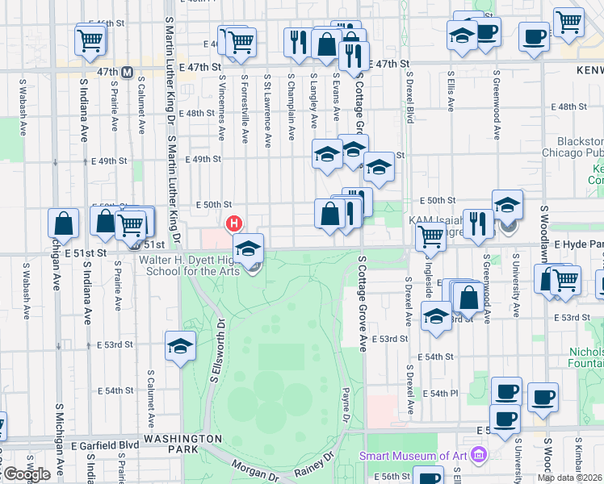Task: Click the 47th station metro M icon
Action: (128, 72)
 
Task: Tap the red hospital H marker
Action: (234, 223)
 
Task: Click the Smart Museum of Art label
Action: (414, 455)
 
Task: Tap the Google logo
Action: (26, 474)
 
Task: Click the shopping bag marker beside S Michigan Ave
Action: (63, 223)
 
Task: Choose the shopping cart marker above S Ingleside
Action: (430, 236)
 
